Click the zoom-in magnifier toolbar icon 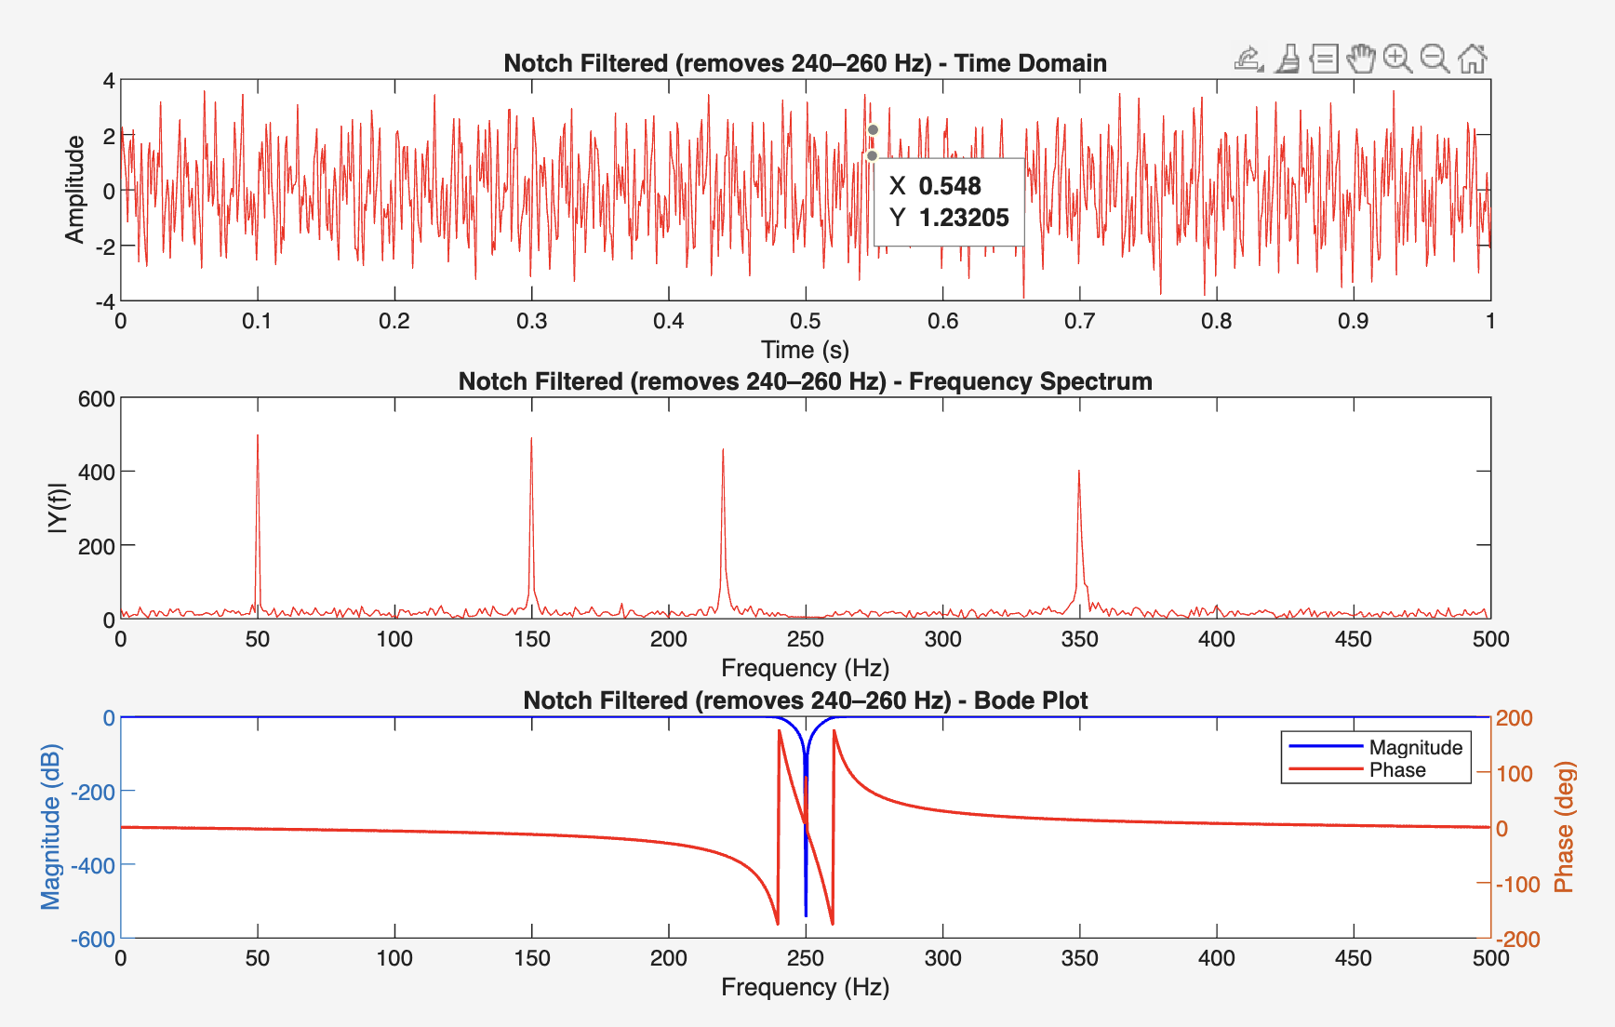[1396, 59]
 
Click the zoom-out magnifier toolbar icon [1435, 59]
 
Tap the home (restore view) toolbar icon [1473, 59]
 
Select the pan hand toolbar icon [1360, 59]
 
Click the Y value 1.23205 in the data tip [964, 218]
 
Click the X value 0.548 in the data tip [950, 186]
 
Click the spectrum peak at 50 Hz [258, 437]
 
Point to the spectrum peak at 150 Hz [531, 440]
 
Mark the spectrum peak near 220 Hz [723, 451]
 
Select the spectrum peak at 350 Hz [1079, 473]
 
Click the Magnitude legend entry [1415, 748]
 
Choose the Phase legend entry [1397, 770]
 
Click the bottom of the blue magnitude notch [806, 914]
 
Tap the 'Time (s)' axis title [805, 350]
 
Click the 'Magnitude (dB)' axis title [50, 827]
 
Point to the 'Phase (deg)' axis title [1565, 827]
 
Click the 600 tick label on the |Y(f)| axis [97, 399]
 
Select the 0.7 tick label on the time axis [1079, 322]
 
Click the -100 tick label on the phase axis [1517, 885]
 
